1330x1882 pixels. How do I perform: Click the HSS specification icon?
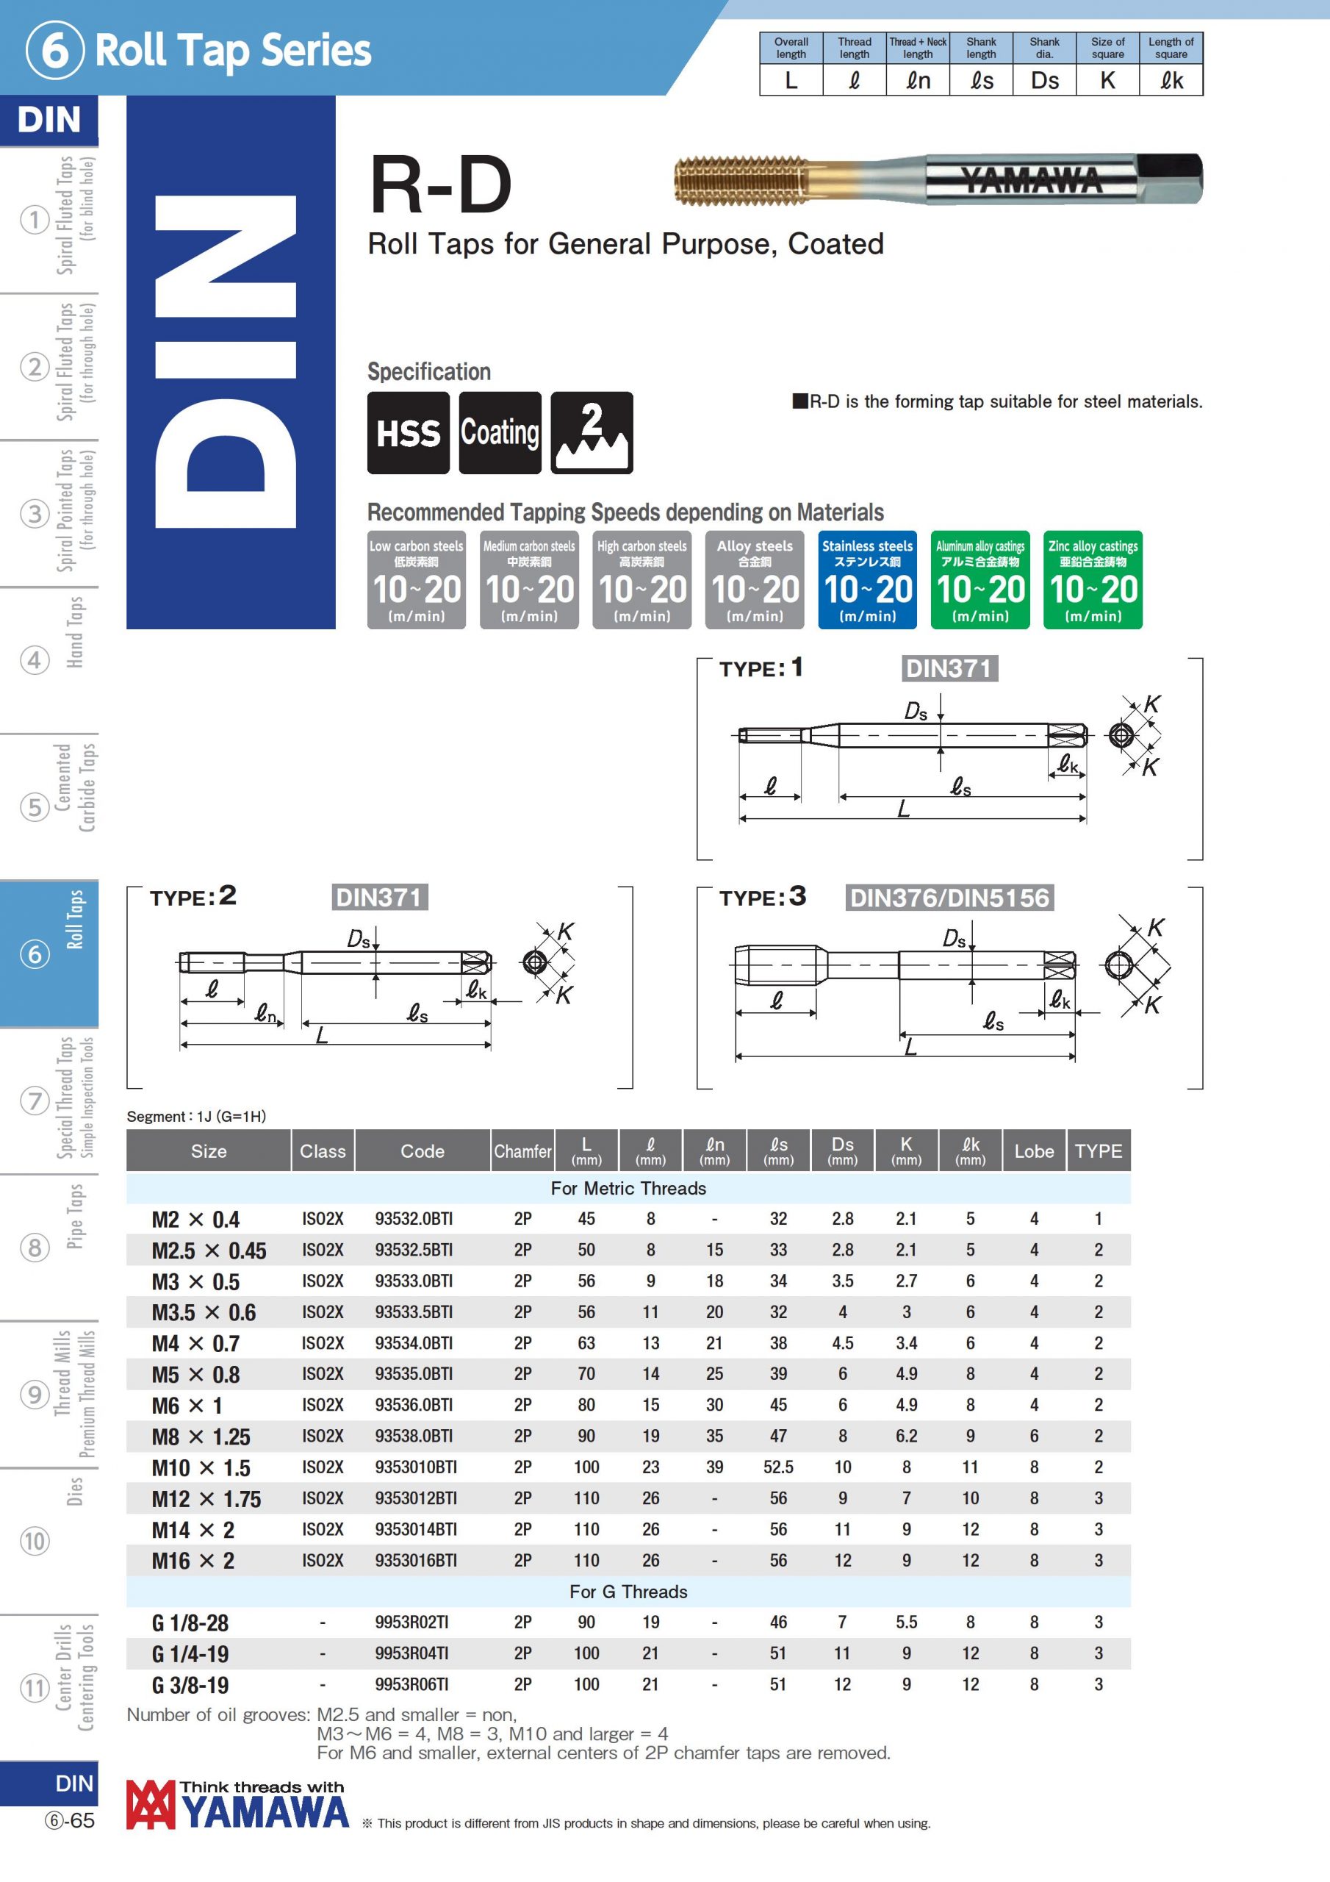(x=408, y=433)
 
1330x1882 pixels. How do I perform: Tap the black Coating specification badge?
(x=500, y=433)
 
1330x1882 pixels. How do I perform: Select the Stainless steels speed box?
(x=867, y=579)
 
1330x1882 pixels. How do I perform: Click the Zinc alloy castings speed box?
(x=1093, y=579)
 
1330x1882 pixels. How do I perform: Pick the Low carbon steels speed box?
(x=417, y=579)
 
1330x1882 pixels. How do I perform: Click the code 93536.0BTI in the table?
(x=414, y=1405)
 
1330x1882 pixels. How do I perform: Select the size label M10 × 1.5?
(x=201, y=1467)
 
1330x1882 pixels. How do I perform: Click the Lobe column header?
(x=1033, y=1151)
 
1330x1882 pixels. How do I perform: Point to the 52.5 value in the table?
(x=777, y=1467)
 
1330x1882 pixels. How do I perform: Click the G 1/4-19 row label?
(x=190, y=1653)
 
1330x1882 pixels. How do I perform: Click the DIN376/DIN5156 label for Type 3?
(x=949, y=898)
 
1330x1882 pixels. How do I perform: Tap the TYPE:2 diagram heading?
(x=193, y=896)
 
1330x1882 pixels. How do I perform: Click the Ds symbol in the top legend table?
(x=1044, y=80)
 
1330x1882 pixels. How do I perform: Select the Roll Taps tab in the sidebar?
(x=49, y=953)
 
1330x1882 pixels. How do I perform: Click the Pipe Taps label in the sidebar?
(x=73, y=1217)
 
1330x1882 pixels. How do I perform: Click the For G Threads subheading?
(x=628, y=1591)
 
